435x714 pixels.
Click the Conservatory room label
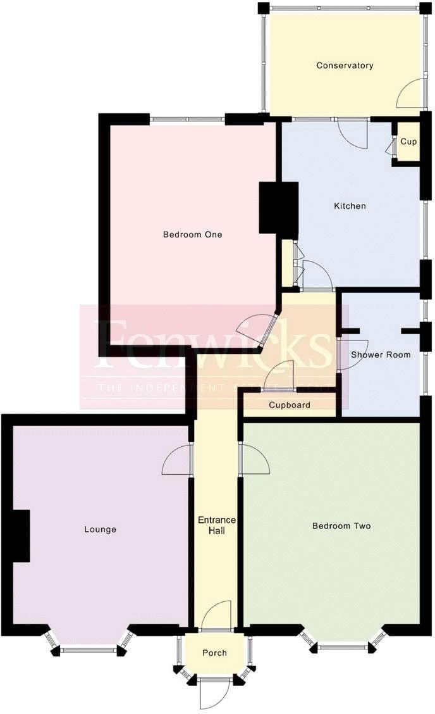(x=345, y=65)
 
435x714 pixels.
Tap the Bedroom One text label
(x=192, y=234)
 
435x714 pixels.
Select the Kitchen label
(x=350, y=206)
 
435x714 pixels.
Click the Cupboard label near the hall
(x=290, y=404)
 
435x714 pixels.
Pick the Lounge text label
(x=100, y=529)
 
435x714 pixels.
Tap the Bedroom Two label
(x=341, y=526)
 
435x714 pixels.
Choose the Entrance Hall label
(x=217, y=525)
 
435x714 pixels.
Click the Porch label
(x=214, y=653)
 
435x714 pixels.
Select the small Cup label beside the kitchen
(x=408, y=142)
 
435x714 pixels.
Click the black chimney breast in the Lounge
(x=21, y=535)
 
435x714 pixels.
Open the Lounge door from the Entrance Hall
(x=177, y=460)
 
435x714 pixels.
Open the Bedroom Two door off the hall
(x=254, y=460)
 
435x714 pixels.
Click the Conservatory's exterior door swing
(x=410, y=94)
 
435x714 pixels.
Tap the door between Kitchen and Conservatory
(x=353, y=132)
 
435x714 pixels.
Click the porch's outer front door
(x=214, y=693)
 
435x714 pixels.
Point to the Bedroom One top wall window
(x=187, y=119)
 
